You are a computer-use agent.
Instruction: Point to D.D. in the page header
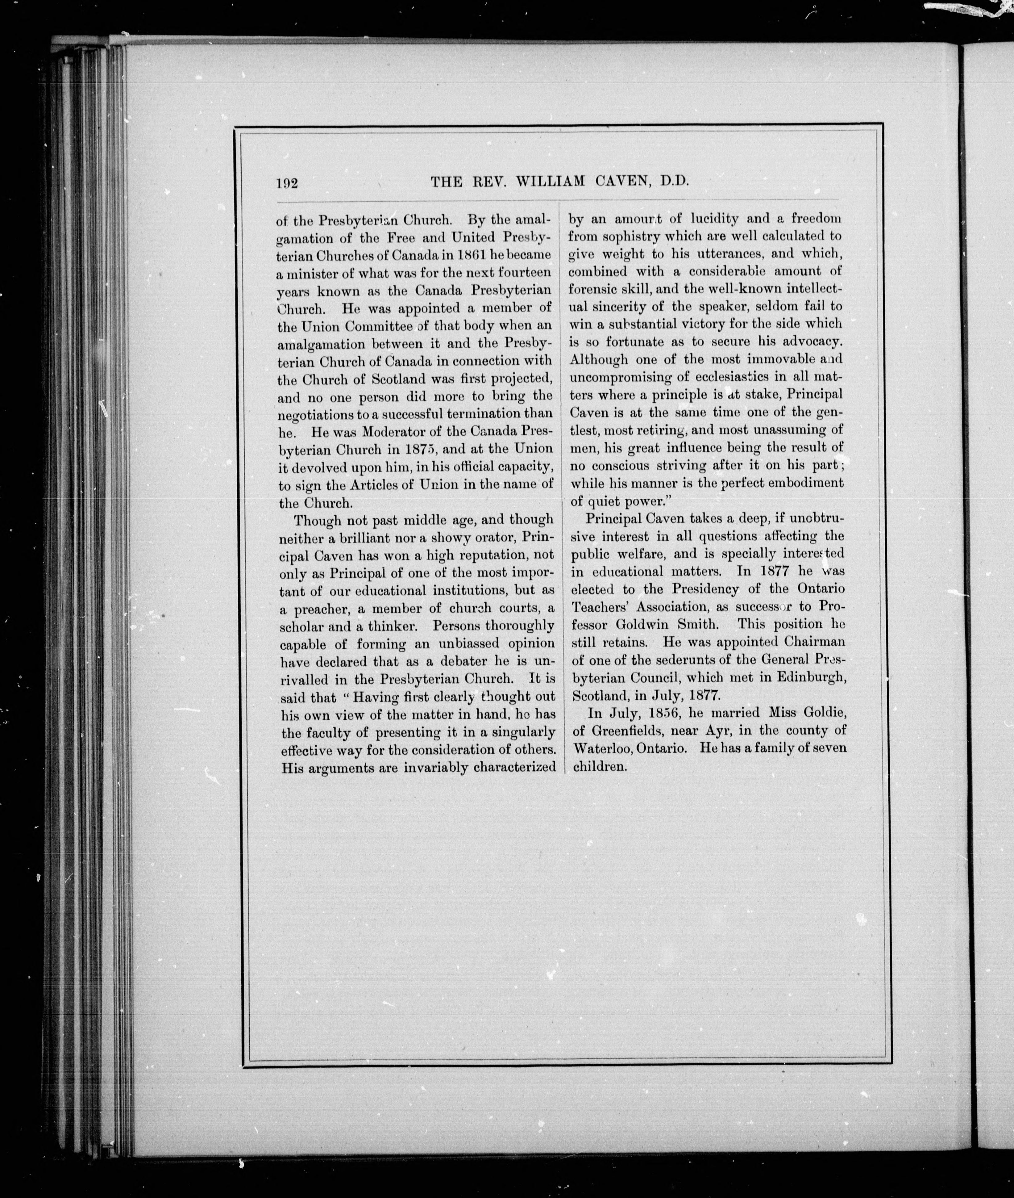point(675,182)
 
